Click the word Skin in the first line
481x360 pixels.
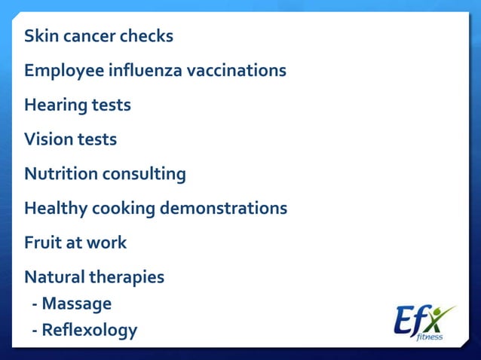[x=39, y=36]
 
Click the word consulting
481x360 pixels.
[x=144, y=174]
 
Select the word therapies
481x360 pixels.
[x=127, y=277]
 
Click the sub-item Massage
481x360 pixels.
[x=76, y=304]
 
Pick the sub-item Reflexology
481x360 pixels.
[x=89, y=330]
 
